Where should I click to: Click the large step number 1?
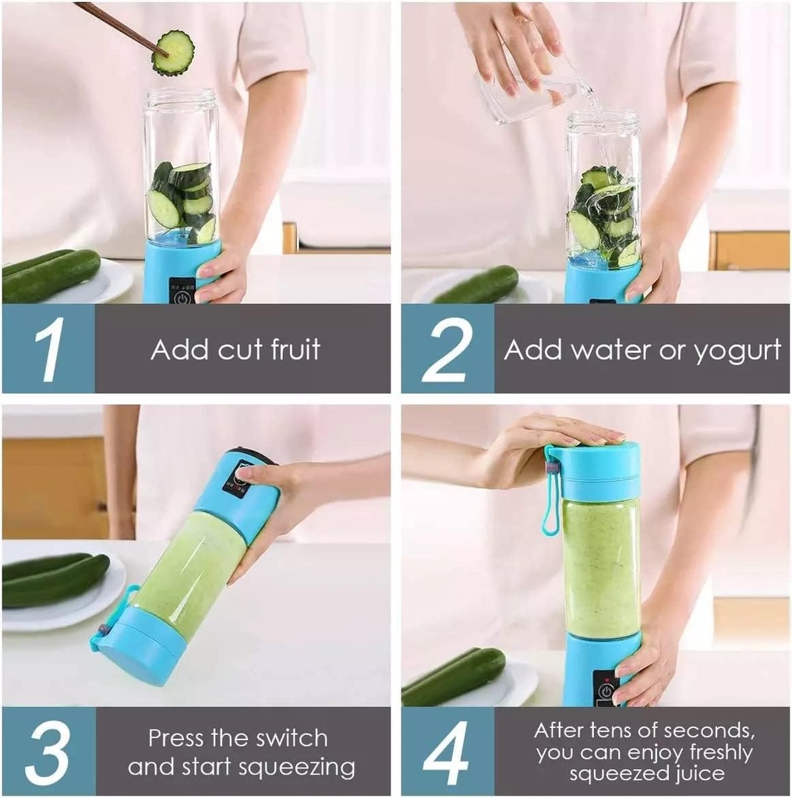[x=48, y=348]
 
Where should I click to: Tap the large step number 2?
[x=447, y=348]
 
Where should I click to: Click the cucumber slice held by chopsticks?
[x=173, y=53]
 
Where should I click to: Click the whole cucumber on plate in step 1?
[x=51, y=275]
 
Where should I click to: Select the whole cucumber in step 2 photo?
[x=477, y=285]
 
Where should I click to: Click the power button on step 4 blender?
[x=604, y=691]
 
